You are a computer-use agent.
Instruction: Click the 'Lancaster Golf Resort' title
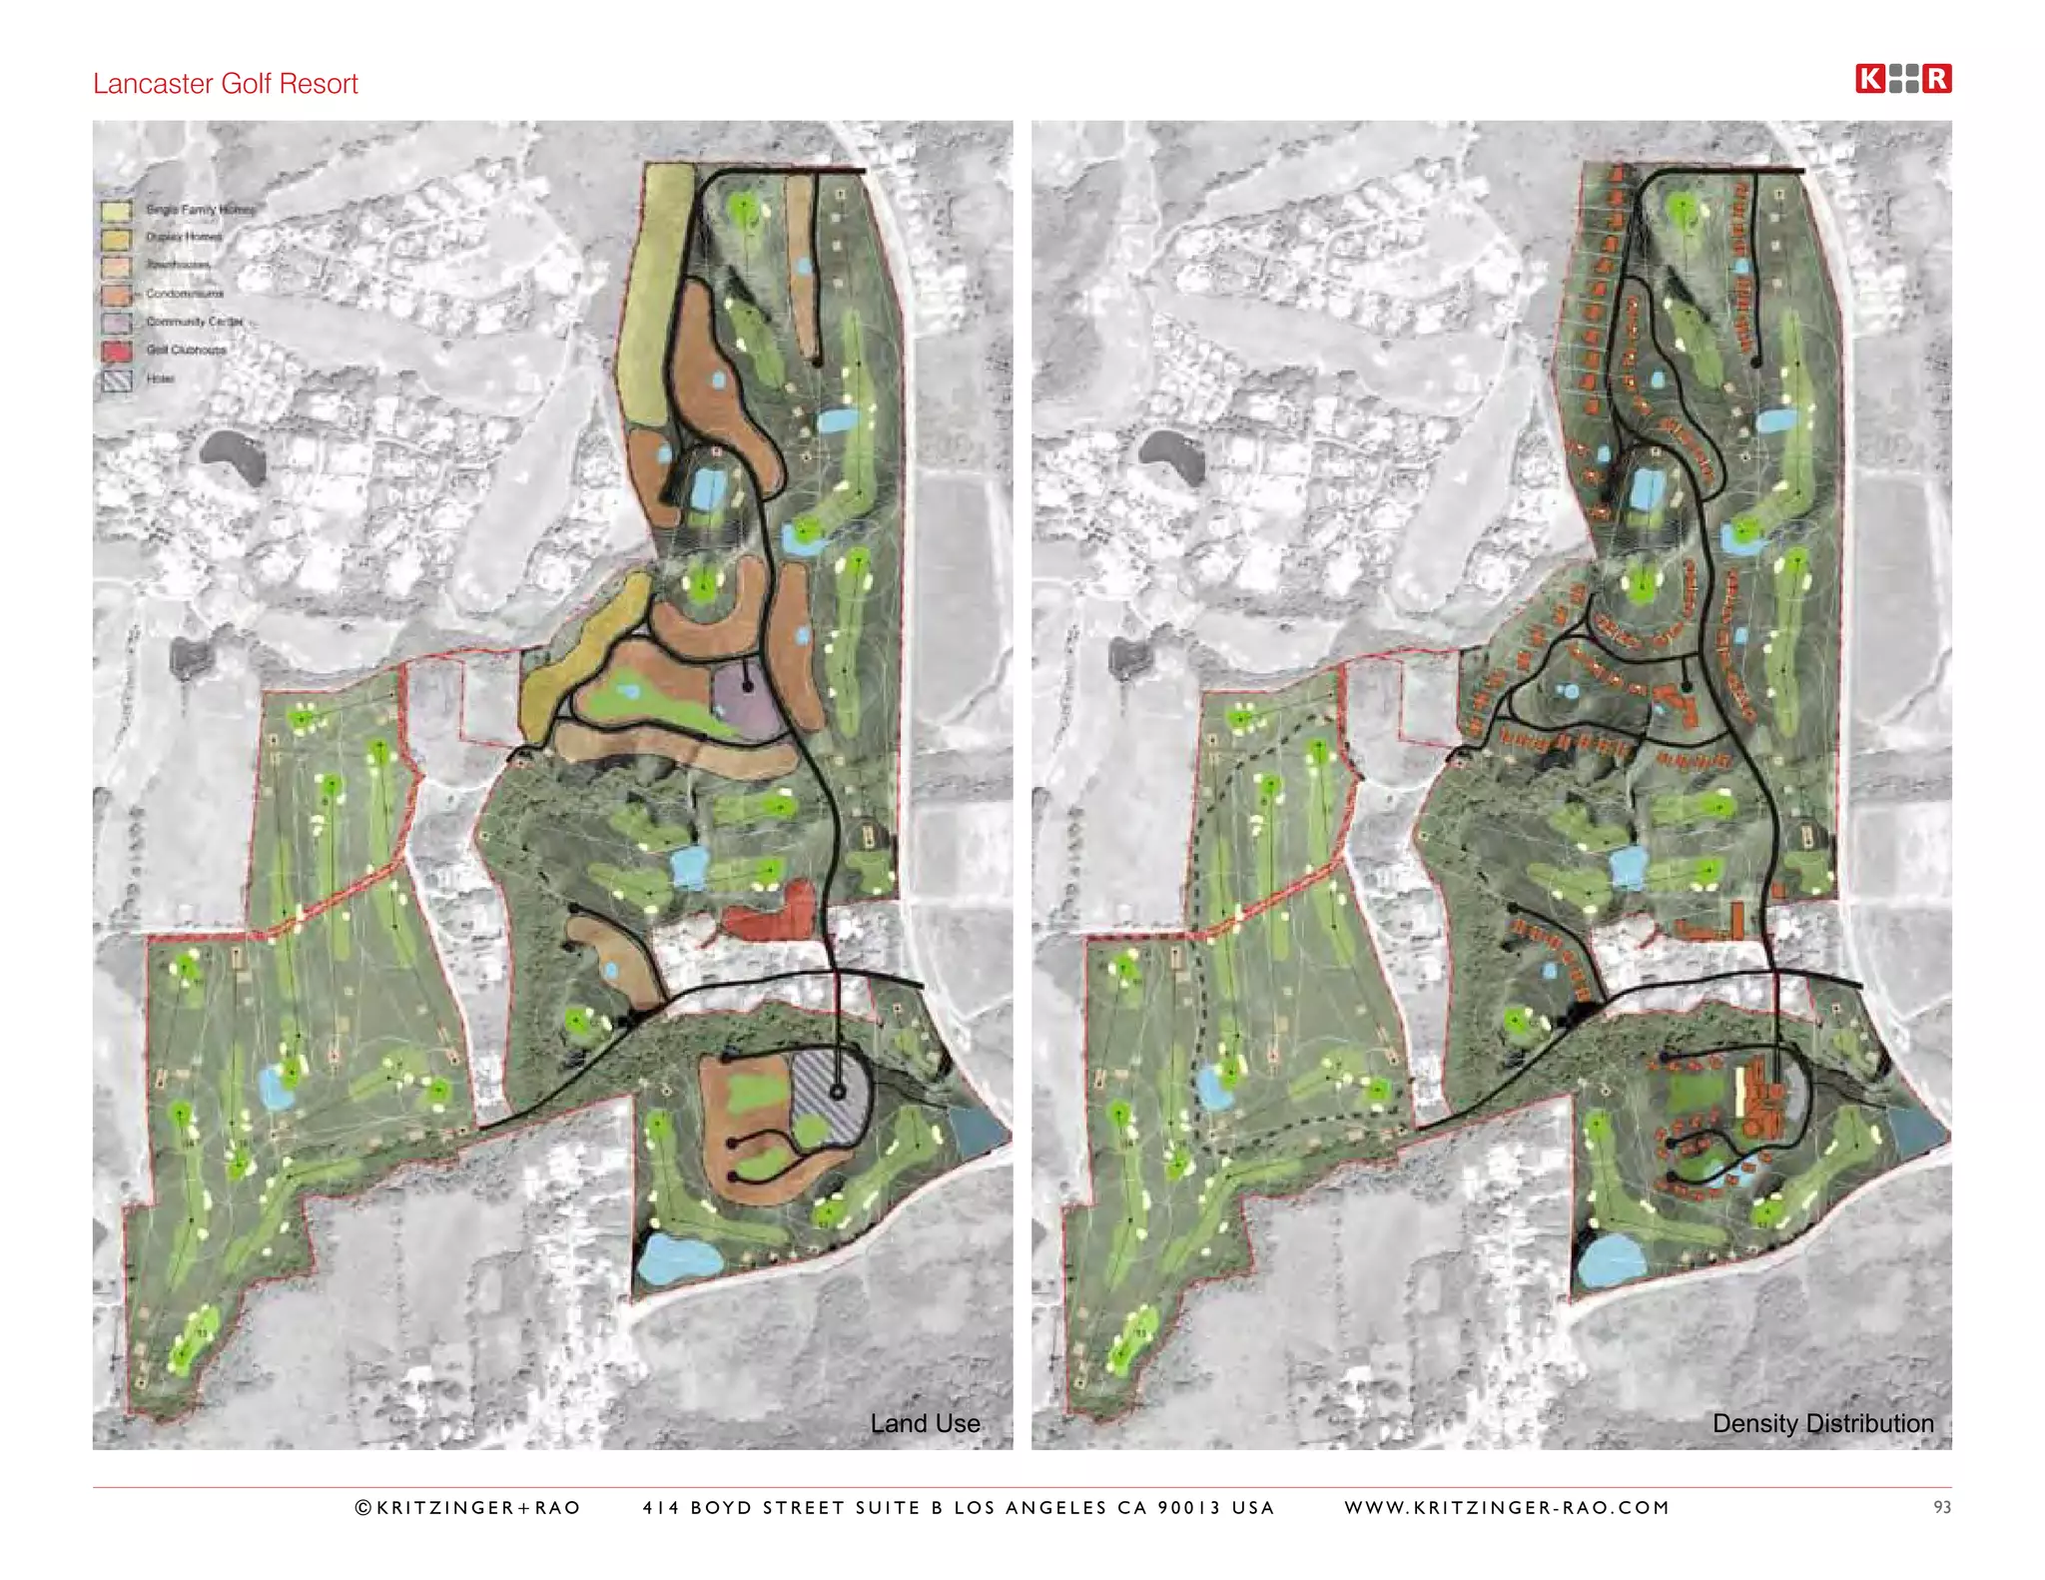click(x=225, y=84)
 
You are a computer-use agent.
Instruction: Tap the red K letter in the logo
click(x=1869, y=79)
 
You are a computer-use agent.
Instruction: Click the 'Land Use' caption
click(x=925, y=1423)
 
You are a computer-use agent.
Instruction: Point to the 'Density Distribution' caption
click(x=1822, y=1423)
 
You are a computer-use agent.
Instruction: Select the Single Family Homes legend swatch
click(x=116, y=211)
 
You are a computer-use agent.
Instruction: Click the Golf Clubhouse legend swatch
click(x=116, y=351)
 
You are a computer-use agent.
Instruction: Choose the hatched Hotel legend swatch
click(x=116, y=380)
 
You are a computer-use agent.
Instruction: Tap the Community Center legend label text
click(x=195, y=322)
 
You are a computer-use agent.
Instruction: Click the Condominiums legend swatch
click(x=116, y=295)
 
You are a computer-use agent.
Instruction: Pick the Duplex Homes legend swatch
click(x=116, y=239)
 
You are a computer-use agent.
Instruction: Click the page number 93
click(x=1941, y=1507)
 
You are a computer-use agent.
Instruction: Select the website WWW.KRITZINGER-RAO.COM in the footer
click(x=1507, y=1507)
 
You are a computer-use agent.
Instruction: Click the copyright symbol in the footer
click(x=363, y=1507)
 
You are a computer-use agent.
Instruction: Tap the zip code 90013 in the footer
click(x=1188, y=1507)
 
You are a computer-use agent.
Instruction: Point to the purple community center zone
click(x=747, y=697)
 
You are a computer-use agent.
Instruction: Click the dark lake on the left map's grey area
click(x=233, y=454)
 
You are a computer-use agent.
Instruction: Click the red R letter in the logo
click(x=1936, y=79)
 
